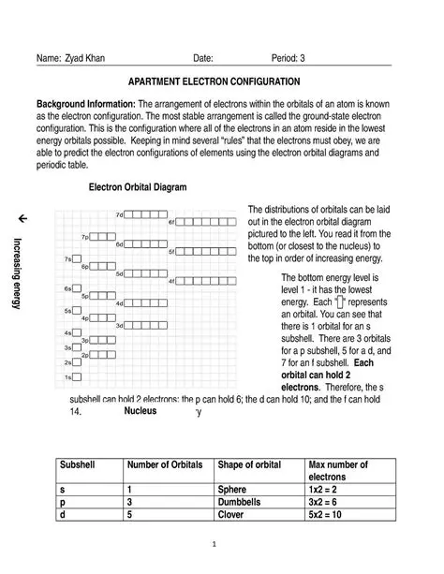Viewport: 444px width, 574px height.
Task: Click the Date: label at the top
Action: (203, 58)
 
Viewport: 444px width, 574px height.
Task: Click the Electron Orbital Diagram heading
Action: (137, 187)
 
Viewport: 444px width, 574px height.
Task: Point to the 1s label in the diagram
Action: (67, 377)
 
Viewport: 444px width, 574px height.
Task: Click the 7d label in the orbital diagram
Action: (119, 214)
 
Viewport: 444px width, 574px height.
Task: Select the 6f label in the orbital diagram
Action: (171, 222)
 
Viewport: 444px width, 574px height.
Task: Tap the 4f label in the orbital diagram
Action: (171, 281)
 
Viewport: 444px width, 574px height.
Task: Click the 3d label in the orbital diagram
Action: (119, 326)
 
